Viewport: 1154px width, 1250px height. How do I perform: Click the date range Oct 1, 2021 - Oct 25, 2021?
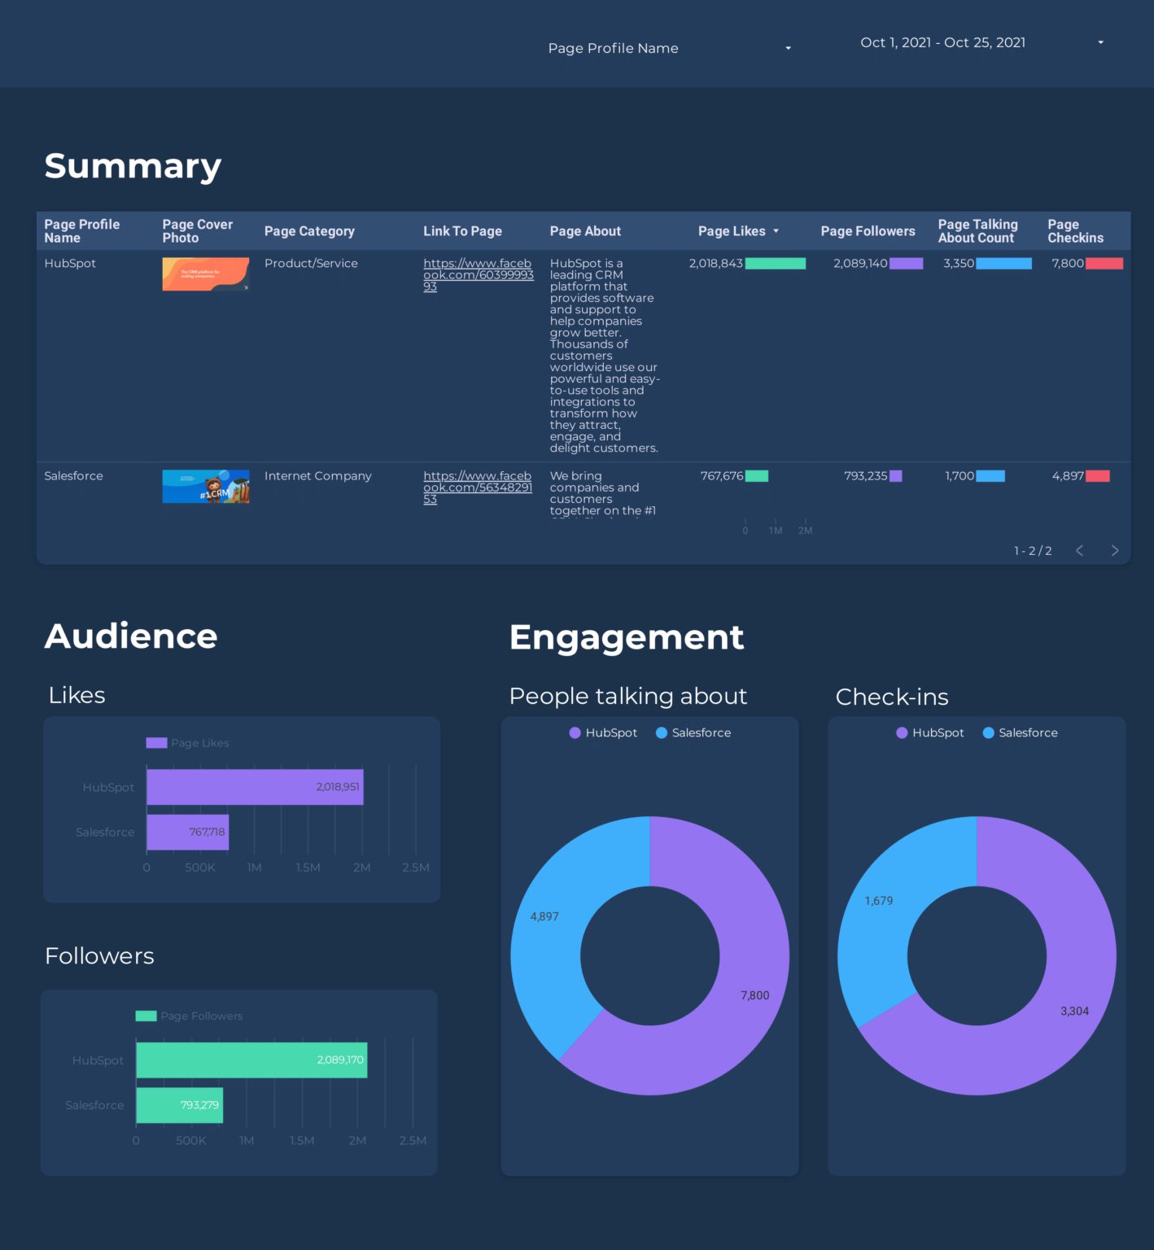pos(942,42)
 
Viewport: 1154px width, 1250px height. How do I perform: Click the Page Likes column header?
pos(732,231)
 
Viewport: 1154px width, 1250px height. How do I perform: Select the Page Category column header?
pos(309,231)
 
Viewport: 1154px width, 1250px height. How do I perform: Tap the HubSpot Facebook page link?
pos(478,274)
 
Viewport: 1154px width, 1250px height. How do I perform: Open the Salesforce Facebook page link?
pos(478,487)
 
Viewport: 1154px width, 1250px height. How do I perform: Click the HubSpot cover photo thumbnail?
pos(205,274)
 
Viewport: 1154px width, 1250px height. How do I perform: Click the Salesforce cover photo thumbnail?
pos(205,487)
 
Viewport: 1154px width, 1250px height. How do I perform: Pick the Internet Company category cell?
pos(317,476)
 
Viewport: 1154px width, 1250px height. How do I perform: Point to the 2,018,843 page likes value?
pos(715,264)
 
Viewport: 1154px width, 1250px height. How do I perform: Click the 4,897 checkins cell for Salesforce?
pos(1067,476)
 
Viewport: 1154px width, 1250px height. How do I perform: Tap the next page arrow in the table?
pos(1114,551)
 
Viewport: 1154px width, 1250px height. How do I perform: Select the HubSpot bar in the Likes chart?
pos(255,787)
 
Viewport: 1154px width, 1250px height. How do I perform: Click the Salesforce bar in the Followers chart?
pos(179,1105)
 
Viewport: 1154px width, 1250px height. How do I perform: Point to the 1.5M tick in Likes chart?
pos(308,868)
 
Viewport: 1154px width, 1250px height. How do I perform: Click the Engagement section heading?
pos(626,637)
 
